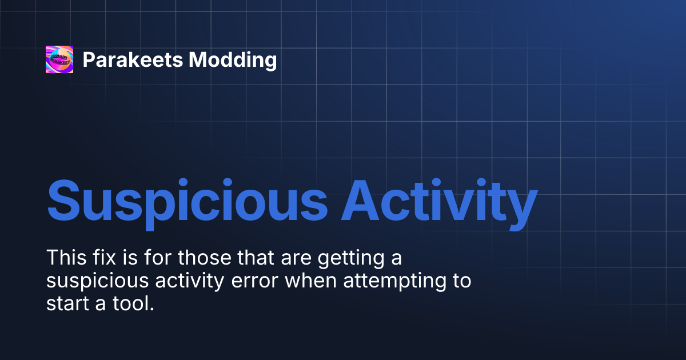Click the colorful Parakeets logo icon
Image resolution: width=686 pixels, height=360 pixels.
(x=59, y=59)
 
